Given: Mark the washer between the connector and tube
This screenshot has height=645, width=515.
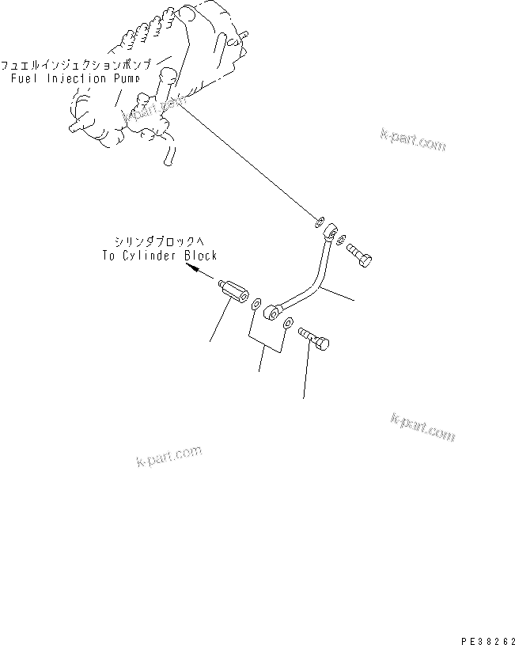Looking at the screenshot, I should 256,304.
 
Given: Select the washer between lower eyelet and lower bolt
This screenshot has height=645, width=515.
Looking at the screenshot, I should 289,323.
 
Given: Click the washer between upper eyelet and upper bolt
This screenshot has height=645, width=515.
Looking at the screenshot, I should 340,239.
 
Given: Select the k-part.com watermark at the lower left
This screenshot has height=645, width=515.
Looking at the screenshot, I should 169,456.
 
